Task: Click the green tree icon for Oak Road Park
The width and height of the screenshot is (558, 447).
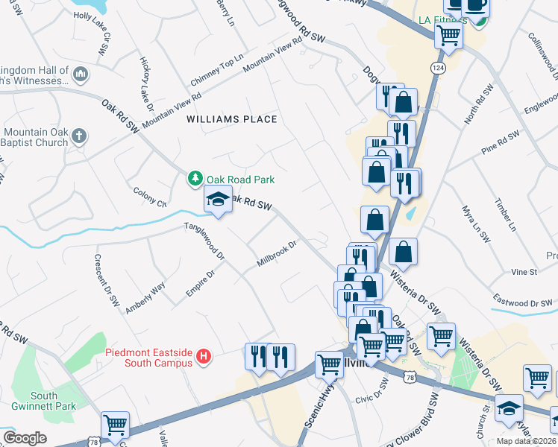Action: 195,179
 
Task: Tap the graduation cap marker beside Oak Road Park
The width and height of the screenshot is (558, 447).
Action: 218,200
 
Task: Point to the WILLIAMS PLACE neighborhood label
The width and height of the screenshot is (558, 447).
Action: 231,119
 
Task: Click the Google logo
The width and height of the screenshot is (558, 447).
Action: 25,438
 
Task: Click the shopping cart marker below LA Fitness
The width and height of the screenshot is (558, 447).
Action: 448,34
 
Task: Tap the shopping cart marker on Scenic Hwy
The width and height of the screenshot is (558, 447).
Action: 329,364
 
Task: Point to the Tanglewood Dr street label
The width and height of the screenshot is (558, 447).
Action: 205,241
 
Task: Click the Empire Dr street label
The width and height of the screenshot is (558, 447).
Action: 200,284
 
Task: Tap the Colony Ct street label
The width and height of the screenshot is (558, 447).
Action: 150,197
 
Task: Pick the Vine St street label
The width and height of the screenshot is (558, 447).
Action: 524,273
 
